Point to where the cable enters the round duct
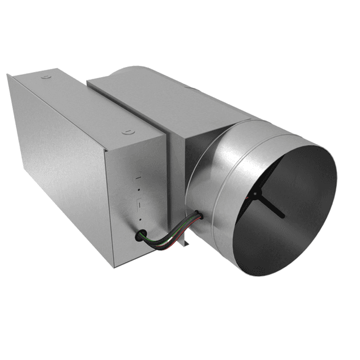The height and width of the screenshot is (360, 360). (197, 215)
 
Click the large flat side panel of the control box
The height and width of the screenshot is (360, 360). (62, 169)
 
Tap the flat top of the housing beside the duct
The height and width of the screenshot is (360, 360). (169, 101)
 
